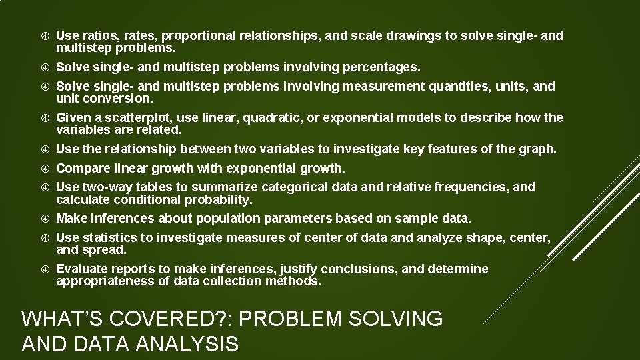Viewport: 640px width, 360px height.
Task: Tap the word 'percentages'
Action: pyautogui.click(x=381, y=67)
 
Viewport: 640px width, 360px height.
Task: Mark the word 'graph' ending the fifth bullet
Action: pyautogui.click(x=539, y=149)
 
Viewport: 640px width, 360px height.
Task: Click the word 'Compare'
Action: pyautogui.click(x=82, y=168)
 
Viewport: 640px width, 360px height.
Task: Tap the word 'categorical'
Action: pyautogui.click(x=310, y=187)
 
